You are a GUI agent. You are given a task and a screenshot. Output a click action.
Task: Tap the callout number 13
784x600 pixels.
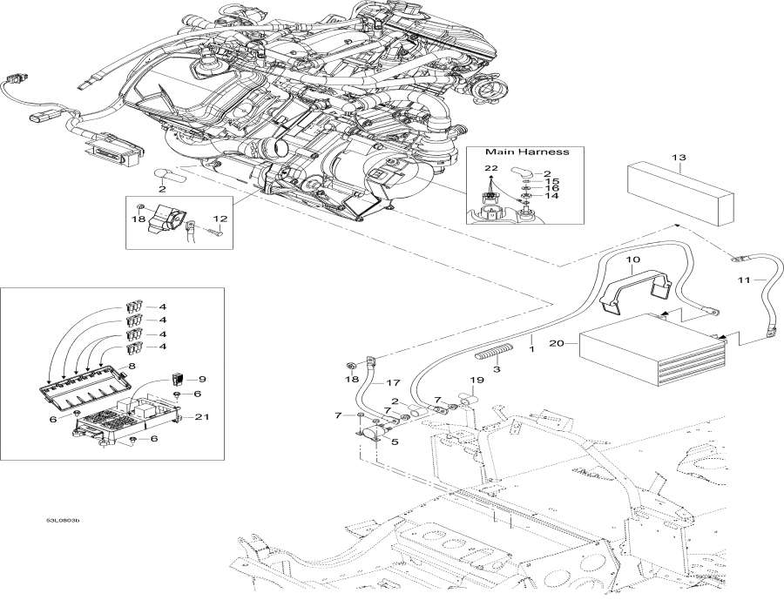[679, 157]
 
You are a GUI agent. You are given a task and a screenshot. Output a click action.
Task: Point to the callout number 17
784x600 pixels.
[393, 381]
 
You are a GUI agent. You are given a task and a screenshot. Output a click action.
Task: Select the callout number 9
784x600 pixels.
[202, 379]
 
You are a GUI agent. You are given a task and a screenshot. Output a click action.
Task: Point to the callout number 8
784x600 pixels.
[132, 367]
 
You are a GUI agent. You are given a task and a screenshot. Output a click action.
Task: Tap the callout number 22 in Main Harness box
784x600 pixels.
[491, 166]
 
